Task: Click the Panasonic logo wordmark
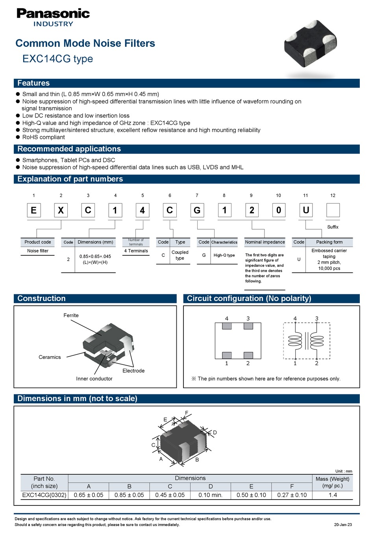click(x=53, y=14)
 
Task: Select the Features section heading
click(x=33, y=83)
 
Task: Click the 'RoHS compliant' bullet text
click(x=43, y=137)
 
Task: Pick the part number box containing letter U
click(x=306, y=210)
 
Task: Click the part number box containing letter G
click(x=197, y=210)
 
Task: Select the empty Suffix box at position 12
click(x=333, y=210)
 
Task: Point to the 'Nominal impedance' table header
click(x=265, y=242)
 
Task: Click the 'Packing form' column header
click(x=329, y=242)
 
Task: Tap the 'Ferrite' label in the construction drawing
click(x=71, y=316)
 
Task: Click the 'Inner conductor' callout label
click(x=94, y=379)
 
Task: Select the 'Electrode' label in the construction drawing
click(x=133, y=371)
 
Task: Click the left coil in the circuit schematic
click(x=295, y=341)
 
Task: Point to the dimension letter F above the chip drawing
click(x=187, y=413)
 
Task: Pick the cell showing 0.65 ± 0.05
click(x=89, y=495)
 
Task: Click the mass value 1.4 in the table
click(x=333, y=495)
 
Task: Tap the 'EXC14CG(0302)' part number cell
click(x=44, y=495)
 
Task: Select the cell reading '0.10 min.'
click(x=211, y=495)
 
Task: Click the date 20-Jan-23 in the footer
click(x=343, y=525)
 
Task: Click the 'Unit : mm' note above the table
click(x=344, y=471)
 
